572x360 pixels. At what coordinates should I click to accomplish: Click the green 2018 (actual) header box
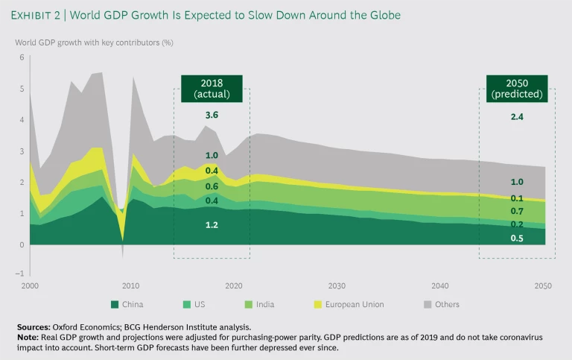[x=212, y=89]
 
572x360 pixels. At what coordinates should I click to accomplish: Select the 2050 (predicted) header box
[x=516, y=89]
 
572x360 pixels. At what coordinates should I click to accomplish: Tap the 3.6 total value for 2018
[x=212, y=116]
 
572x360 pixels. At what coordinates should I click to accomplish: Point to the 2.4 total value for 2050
[x=516, y=117]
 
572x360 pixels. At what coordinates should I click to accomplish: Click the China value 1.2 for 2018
[x=212, y=224]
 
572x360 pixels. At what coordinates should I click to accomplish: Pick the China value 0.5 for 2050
[x=516, y=238]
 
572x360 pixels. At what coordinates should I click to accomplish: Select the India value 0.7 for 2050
[x=516, y=212]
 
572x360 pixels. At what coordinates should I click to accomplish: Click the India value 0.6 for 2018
[x=212, y=186]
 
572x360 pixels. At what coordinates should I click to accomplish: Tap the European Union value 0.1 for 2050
[x=516, y=198]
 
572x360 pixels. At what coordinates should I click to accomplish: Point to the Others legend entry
[x=444, y=304]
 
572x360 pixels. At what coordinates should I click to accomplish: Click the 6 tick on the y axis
[x=22, y=57]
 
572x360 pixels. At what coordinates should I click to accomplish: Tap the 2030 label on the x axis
[x=337, y=285]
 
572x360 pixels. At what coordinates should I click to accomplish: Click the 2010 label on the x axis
[x=131, y=285]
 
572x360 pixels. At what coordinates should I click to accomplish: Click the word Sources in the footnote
[x=34, y=327]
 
